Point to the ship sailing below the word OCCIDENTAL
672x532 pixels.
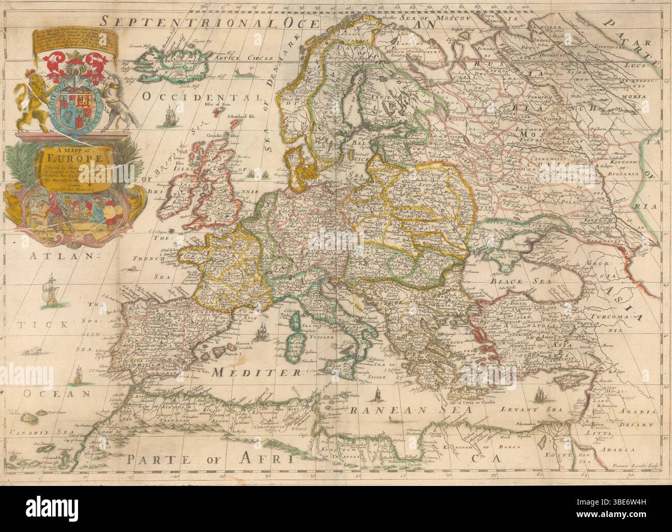pyautogui.click(x=170, y=120)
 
